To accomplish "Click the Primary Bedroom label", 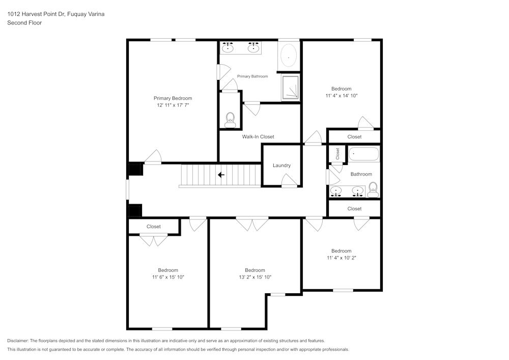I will tap(173, 98).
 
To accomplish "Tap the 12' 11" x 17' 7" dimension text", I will tap(173, 105).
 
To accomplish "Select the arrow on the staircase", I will tap(221, 175).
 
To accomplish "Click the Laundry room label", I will tap(281, 165).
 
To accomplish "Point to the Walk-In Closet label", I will tap(258, 136).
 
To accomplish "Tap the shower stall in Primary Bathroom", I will tap(291, 88).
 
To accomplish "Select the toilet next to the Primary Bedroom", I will tap(230, 120).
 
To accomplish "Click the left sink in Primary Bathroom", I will tap(229, 48).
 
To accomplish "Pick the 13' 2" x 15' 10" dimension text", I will tap(254, 278).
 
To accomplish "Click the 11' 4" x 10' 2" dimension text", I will tap(341, 258).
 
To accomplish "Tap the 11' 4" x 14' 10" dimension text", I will tap(341, 96).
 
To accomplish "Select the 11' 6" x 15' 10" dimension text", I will tap(167, 278).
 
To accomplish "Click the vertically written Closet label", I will tap(337, 153).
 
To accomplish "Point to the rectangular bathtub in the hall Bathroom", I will tap(363, 154).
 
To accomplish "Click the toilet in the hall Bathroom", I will tap(373, 189).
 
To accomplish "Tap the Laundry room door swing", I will tap(289, 180).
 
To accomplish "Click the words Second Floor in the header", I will tap(24, 23).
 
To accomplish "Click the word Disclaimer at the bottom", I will tap(18, 341).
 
